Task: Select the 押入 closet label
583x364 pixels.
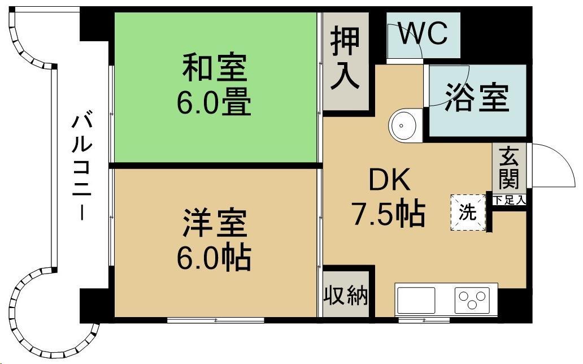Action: point(345,58)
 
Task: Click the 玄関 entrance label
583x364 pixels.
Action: point(509,168)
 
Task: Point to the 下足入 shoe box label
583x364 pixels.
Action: point(509,200)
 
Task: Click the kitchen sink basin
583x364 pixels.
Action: point(417,300)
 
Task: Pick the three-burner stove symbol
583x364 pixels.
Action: point(473,299)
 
